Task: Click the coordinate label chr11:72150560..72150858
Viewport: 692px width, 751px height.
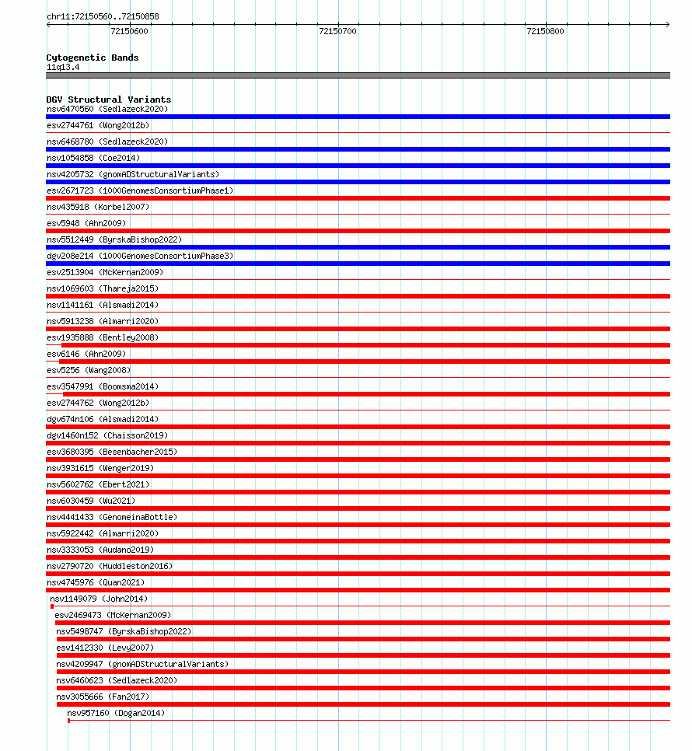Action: click(x=103, y=16)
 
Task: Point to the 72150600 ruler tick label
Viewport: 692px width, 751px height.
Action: click(x=130, y=31)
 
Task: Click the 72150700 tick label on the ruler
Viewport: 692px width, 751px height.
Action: click(x=337, y=31)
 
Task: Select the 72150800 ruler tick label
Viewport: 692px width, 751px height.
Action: click(x=545, y=31)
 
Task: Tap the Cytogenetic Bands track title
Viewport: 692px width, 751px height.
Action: click(x=93, y=58)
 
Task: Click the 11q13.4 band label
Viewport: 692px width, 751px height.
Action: click(x=63, y=67)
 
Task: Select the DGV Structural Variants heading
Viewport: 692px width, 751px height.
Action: click(x=109, y=100)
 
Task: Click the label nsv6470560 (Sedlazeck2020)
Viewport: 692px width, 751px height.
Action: click(x=107, y=109)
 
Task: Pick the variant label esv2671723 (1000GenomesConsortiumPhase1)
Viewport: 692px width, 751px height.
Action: click(x=140, y=190)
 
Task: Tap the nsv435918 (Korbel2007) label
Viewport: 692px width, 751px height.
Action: click(x=98, y=207)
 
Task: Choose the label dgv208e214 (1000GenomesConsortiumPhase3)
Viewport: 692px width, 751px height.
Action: click(x=140, y=256)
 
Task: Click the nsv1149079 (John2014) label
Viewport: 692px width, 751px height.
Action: click(x=99, y=599)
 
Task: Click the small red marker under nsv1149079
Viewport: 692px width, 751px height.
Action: click(x=52, y=606)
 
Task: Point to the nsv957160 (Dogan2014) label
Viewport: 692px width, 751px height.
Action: click(x=116, y=713)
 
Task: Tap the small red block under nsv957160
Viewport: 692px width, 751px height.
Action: click(x=68, y=721)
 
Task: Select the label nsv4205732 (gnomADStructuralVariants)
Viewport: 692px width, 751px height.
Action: click(x=133, y=174)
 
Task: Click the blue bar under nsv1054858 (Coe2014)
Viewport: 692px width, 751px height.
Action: click(x=358, y=166)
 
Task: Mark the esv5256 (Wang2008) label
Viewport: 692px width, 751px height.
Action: click(x=89, y=370)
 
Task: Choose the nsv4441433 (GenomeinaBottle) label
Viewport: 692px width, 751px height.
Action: click(x=112, y=517)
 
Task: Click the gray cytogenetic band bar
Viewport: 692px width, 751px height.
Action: click(x=358, y=75)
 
